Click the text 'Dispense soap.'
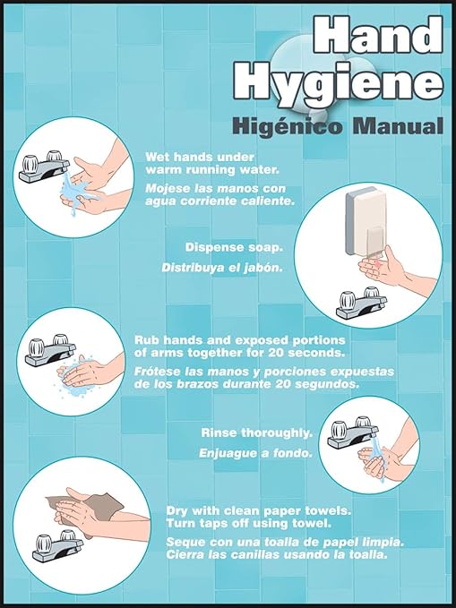[x=233, y=247]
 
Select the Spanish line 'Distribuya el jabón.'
[x=221, y=267]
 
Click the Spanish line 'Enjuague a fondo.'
[x=255, y=453]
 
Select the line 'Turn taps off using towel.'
[x=249, y=523]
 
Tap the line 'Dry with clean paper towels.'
[x=258, y=510]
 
